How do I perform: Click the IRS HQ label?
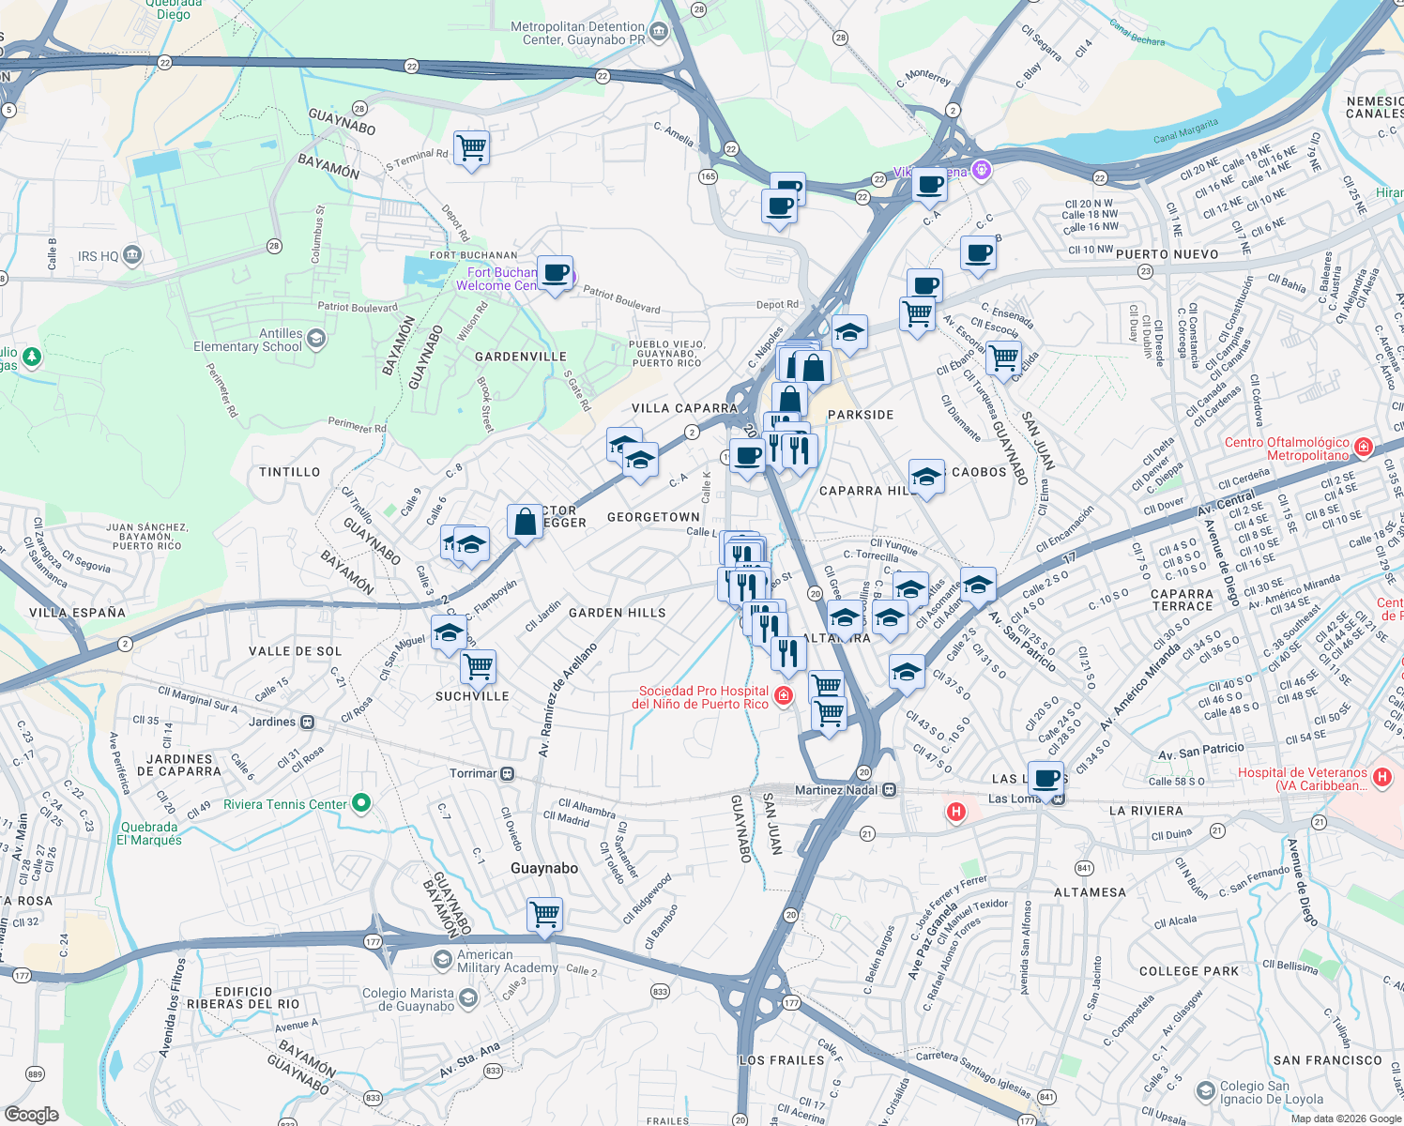pyautogui.click(x=99, y=256)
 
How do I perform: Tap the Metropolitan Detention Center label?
pyautogui.click(x=577, y=34)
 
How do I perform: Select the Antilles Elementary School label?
pyautogui.click(x=248, y=340)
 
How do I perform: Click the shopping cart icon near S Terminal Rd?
pyautogui.click(x=471, y=147)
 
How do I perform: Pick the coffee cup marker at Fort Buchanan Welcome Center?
pyautogui.click(x=555, y=273)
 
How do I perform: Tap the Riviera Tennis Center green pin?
pyautogui.click(x=361, y=803)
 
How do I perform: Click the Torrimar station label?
pyautogui.click(x=473, y=773)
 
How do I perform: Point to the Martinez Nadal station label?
pyautogui.click(x=836, y=790)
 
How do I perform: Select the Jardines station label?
pyautogui.click(x=272, y=722)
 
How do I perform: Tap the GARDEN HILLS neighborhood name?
pyautogui.click(x=617, y=613)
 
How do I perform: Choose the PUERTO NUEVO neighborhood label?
pyautogui.click(x=1167, y=254)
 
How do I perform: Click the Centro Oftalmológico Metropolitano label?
pyautogui.click(x=1287, y=449)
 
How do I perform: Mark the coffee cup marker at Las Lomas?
pyautogui.click(x=1045, y=778)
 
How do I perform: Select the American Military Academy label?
pyautogui.click(x=507, y=961)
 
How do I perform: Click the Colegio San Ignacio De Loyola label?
pyautogui.click(x=1271, y=1092)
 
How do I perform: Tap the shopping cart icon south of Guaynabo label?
pyautogui.click(x=544, y=913)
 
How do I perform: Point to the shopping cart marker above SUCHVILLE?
pyautogui.click(x=479, y=666)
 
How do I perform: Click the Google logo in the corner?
pyautogui.click(x=31, y=1115)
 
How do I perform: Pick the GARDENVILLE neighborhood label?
pyautogui.click(x=520, y=357)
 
